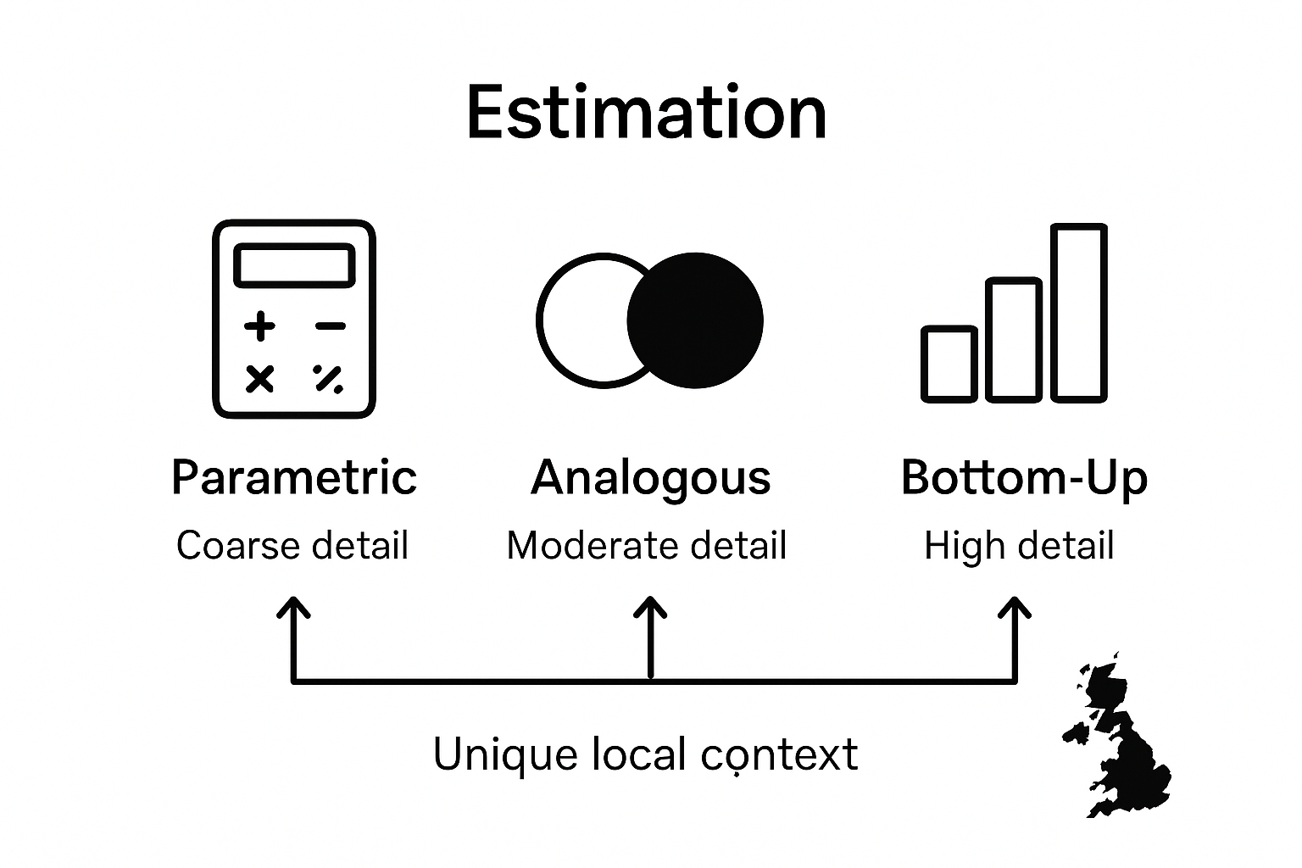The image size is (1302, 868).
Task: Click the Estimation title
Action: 646,113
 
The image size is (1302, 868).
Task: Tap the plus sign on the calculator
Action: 259,325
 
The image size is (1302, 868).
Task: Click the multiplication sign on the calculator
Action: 259,378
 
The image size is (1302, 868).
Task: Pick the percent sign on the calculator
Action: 329,378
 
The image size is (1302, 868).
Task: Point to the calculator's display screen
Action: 293,265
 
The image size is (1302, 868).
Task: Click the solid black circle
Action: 696,320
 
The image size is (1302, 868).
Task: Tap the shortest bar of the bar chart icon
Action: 949,364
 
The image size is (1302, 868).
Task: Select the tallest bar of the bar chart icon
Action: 1079,312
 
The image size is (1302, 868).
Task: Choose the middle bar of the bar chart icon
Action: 1014,339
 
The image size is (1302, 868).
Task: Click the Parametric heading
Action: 293,477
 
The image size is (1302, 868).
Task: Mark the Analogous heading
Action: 650,477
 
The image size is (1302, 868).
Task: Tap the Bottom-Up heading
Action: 1023,477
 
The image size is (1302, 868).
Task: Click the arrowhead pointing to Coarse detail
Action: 293,607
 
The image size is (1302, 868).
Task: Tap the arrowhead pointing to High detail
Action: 1014,607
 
